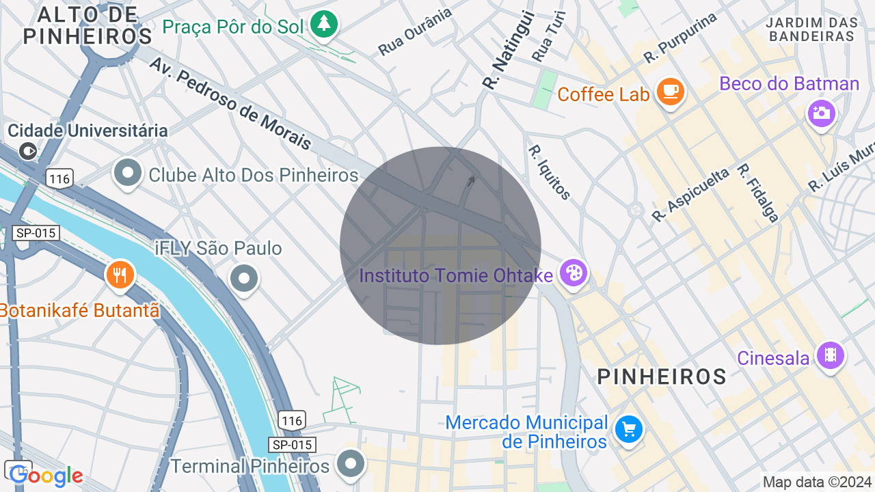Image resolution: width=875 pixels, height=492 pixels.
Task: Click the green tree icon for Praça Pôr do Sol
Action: pos(324,25)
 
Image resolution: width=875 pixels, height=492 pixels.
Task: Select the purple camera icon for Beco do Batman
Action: pos(821,113)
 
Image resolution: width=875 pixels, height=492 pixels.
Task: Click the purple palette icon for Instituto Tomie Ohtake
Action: pos(573,273)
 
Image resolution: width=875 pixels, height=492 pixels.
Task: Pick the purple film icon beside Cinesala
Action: pos(830,355)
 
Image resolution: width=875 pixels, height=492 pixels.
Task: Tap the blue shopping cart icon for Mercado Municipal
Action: pos(628,429)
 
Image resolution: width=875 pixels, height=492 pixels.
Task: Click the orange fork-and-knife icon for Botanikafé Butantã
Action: pos(120,275)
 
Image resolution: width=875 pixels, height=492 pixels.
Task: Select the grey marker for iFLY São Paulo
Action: pos(243,278)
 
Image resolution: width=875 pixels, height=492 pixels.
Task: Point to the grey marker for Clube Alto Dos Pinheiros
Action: pos(128,172)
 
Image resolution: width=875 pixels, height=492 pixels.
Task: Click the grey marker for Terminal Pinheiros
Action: pos(351,463)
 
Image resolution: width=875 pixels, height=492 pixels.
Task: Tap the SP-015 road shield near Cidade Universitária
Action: pos(36,233)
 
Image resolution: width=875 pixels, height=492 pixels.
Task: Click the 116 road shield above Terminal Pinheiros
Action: pos(292,420)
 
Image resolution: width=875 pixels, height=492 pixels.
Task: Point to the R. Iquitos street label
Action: pos(549,172)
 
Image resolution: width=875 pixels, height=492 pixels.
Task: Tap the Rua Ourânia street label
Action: pos(416,31)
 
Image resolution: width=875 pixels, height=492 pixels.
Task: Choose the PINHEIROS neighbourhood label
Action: pos(662,377)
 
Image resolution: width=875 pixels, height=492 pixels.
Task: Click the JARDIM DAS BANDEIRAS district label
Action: pos(811,29)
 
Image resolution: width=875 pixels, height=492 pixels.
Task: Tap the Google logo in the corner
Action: pos(46,476)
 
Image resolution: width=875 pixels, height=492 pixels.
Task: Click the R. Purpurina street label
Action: pos(680,38)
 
